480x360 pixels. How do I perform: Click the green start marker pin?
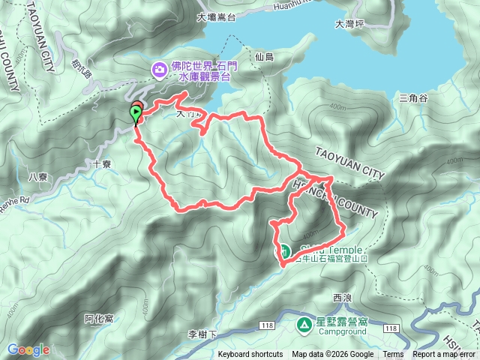[x=135, y=115]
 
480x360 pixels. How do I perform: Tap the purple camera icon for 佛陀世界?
[x=160, y=70]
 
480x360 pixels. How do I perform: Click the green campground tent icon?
[x=304, y=325]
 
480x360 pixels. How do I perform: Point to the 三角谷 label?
[x=413, y=98]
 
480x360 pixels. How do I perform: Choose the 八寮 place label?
[x=37, y=178]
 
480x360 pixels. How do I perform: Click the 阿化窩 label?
[x=99, y=319]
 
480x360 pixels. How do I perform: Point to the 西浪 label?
[x=341, y=298]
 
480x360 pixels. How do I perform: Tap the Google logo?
[x=28, y=349]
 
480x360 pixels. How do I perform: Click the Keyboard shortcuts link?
[x=250, y=355]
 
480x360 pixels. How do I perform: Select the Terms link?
[x=393, y=355]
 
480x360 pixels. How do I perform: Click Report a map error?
[x=444, y=355]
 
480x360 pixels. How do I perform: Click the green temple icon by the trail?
[x=285, y=250]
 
